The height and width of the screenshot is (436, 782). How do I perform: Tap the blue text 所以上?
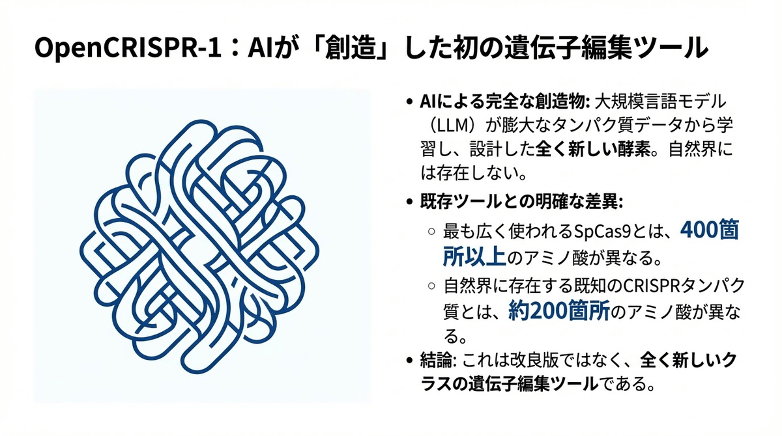pyautogui.click(x=474, y=256)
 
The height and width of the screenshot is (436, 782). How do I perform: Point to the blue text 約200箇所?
pyautogui.click(x=558, y=311)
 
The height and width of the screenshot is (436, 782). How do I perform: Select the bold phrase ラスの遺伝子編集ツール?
pyautogui.click(x=508, y=383)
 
